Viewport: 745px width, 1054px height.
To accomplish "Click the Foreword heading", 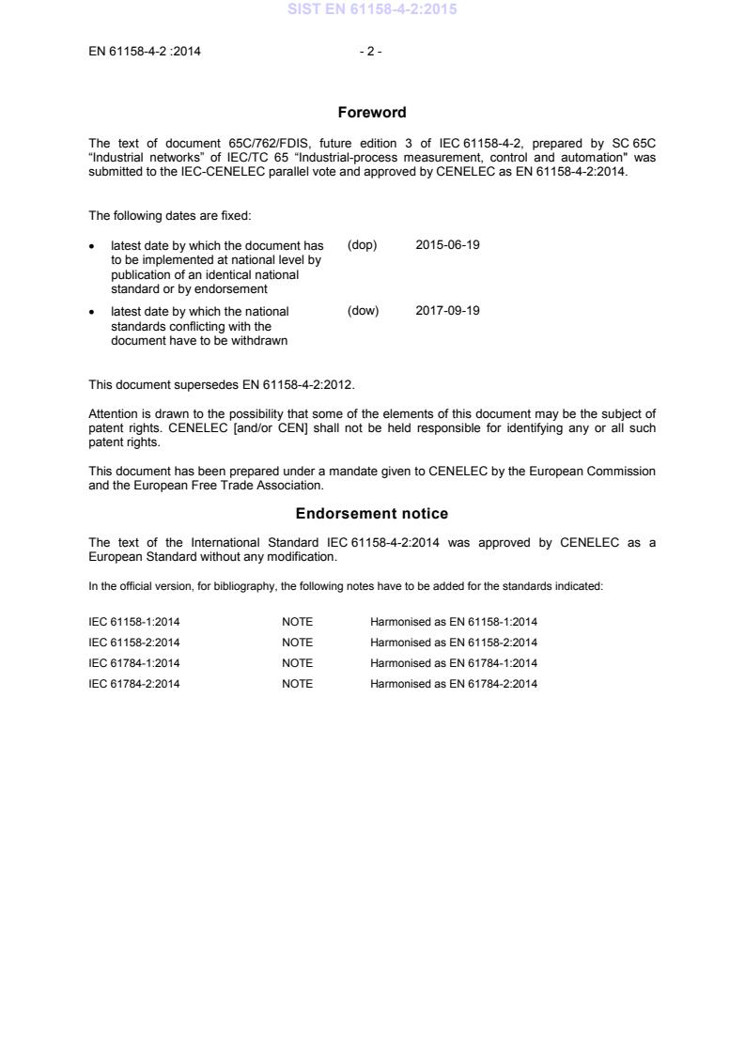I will pyautogui.click(x=372, y=113).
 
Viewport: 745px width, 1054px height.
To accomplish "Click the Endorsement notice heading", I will pyautogui.click(x=372, y=514).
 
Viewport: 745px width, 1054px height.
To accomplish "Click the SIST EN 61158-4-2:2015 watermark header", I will pyautogui.click(x=372, y=11).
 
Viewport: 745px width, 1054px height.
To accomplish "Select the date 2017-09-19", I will pyautogui.click(x=447, y=311).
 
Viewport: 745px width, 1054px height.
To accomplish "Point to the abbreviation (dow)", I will pyautogui.click(x=363, y=311).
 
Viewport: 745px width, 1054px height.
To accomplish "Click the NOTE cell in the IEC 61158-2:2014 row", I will pyautogui.click(x=297, y=643).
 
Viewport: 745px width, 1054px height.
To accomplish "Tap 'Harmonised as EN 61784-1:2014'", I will pyautogui.click(x=454, y=663).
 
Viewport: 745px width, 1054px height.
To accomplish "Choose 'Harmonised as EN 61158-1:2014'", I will pyautogui.click(x=454, y=622).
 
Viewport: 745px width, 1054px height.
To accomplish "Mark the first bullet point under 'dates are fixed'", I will pyautogui.click(x=92, y=246).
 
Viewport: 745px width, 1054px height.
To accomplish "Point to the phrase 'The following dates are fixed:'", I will pyautogui.click(x=170, y=216).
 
